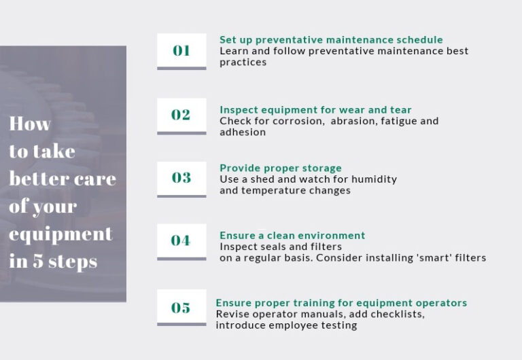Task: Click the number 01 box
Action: [181, 50]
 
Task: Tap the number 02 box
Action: [181, 115]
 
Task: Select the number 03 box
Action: [181, 178]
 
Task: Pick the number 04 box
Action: [181, 240]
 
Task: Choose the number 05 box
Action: [181, 308]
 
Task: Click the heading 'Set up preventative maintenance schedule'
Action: [331, 40]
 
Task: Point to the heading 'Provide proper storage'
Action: [281, 168]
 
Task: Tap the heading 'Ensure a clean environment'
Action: [292, 236]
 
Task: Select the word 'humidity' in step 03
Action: [373, 179]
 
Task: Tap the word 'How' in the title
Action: [30, 124]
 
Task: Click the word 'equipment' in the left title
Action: [60, 234]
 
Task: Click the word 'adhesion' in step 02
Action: [242, 132]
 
